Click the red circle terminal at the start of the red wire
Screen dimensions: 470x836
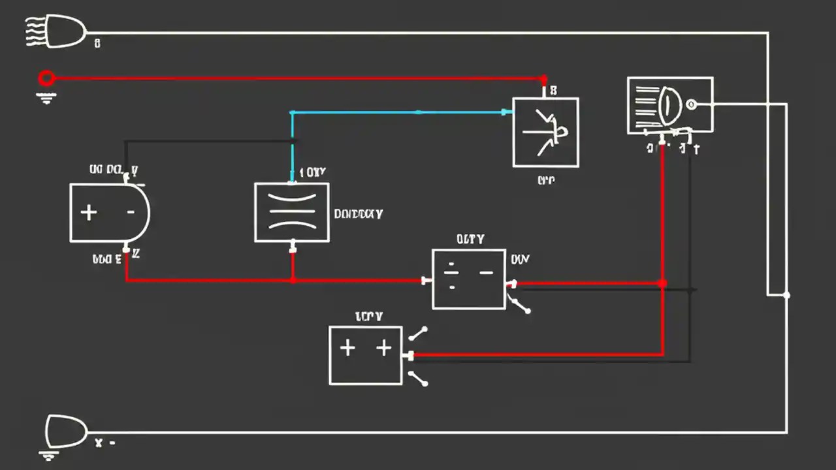click(x=46, y=79)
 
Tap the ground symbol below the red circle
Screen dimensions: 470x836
click(x=46, y=98)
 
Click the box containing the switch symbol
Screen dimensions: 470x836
click(x=545, y=133)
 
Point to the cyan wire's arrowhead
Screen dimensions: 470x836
click(x=506, y=112)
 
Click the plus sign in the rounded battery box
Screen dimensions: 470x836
click(x=88, y=213)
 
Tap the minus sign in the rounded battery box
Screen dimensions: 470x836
click(x=131, y=212)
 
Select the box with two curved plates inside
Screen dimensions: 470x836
click(x=291, y=212)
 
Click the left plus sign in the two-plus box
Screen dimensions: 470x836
click(x=347, y=348)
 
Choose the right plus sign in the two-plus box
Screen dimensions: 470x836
click(x=383, y=348)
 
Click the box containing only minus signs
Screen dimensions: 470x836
click(x=468, y=279)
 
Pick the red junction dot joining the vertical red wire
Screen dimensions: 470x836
click(x=663, y=283)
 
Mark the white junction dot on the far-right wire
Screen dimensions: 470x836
click(x=786, y=295)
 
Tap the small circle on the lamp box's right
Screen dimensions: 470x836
click(x=691, y=104)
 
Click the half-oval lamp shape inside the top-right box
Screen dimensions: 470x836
click(x=669, y=105)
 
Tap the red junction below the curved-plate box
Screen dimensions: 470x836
click(x=293, y=280)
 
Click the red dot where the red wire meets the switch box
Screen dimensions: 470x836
click(x=544, y=80)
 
